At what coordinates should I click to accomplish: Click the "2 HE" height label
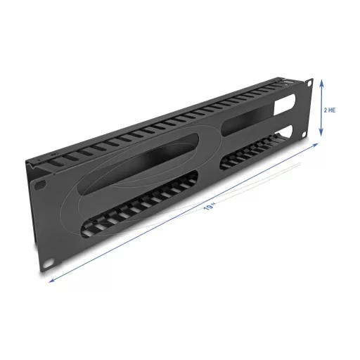[x=330, y=110]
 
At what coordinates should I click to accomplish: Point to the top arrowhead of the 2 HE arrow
[x=322, y=82]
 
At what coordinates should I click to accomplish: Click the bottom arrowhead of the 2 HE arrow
[x=321, y=133]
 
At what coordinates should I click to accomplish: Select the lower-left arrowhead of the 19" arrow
[x=52, y=280]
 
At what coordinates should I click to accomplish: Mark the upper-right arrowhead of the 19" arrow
[x=315, y=145]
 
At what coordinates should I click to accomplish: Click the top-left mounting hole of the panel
[x=37, y=186]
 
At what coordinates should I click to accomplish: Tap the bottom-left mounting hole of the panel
[x=49, y=263]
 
